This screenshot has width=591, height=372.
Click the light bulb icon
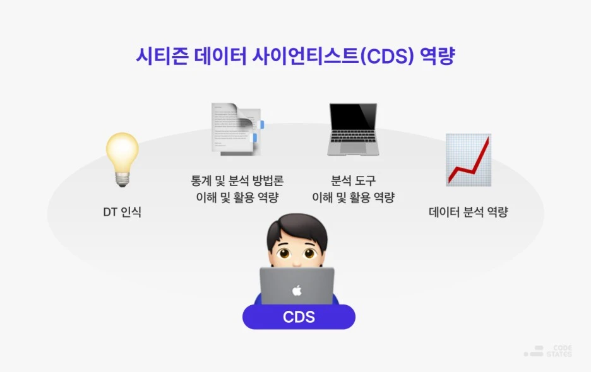(122, 158)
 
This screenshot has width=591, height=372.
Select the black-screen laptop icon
(352, 129)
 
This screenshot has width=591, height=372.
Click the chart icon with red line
(468, 160)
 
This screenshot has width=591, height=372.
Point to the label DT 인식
(122, 212)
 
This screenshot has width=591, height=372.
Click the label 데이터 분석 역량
(468, 212)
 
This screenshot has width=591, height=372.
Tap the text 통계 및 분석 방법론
(237, 180)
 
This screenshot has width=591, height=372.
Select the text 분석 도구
(353, 180)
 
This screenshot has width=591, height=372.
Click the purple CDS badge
(299, 317)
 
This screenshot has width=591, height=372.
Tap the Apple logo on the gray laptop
(297, 291)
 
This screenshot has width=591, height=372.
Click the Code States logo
(547, 351)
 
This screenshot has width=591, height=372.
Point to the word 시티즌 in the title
(158, 55)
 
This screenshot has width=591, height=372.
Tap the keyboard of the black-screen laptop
(352, 149)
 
